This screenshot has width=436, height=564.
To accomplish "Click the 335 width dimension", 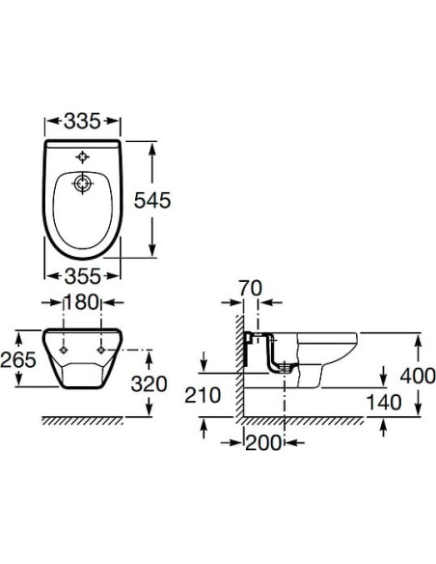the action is [82, 122].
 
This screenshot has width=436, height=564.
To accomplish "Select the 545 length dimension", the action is [152, 200].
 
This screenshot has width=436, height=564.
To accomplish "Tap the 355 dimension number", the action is [83, 276].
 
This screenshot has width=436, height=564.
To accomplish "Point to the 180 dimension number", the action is [82, 302].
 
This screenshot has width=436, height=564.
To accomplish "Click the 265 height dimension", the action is [18, 359].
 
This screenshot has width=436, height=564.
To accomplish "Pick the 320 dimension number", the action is [149, 383].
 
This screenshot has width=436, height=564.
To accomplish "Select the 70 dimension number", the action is [251, 288].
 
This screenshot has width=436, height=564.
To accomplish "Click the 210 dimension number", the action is [203, 395].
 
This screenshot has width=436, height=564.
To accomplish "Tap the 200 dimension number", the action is [263, 442].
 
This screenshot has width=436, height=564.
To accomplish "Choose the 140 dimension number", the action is [384, 402].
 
